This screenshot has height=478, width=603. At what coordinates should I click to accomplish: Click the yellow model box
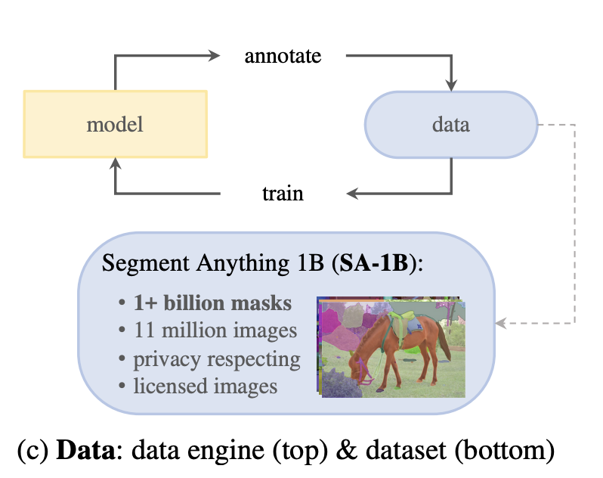pos(115,123)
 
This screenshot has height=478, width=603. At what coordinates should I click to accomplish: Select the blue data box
pos(450,124)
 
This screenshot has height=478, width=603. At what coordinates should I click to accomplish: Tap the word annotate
pos(283,56)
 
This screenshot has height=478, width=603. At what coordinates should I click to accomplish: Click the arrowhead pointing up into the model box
pos(115,163)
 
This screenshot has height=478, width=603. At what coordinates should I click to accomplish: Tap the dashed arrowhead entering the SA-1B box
pos(499,324)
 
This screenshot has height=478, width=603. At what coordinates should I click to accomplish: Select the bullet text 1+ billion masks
pos(212,303)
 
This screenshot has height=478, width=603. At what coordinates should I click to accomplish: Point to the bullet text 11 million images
pos(215,331)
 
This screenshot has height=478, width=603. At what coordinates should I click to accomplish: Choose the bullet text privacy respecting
pos(217,358)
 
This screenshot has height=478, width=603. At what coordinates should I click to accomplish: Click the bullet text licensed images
pos(206,386)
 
